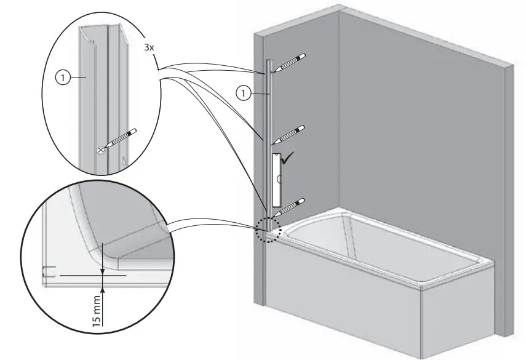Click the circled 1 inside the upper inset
point(62,78)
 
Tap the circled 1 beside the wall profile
point(244,94)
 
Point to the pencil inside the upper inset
point(121,139)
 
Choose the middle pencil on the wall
point(288,134)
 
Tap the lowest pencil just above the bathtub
point(288,205)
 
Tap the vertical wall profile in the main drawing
point(269,123)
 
